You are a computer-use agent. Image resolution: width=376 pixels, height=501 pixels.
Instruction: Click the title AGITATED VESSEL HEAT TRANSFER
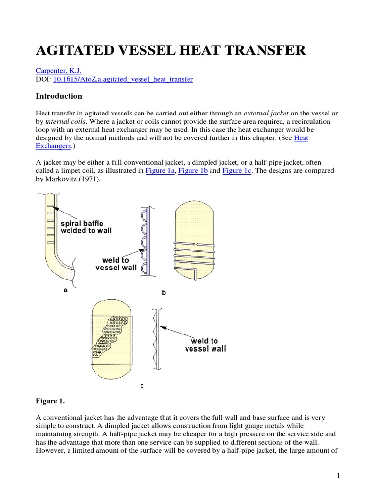pyautogui.click(x=171, y=50)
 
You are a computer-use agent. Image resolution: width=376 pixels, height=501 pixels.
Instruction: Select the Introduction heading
pyautogui.click(x=59, y=96)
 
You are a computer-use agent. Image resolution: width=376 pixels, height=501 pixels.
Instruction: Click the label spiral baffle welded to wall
pyautogui.click(x=86, y=227)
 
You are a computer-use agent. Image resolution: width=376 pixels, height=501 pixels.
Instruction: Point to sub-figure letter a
pyautogui.click(x=66, y=290)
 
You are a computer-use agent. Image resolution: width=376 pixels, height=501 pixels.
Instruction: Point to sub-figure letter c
pyautogui.click(x=142, y=386)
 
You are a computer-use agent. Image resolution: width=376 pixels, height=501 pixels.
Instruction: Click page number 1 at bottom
pyautogui.click(x=338, y=475)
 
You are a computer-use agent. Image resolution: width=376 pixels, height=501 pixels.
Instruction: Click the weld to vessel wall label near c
pyautogui.click(x=205, y=344)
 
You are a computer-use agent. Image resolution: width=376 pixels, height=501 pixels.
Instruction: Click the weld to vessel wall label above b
pyautogui.click(x=116, y=264)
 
